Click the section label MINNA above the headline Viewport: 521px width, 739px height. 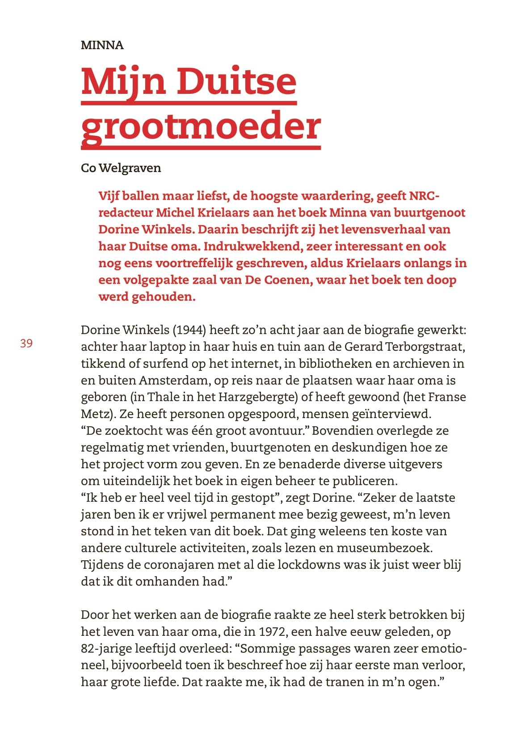[102, 45]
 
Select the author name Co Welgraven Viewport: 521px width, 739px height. [121, 168]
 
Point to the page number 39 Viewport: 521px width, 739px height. [26, 343]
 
